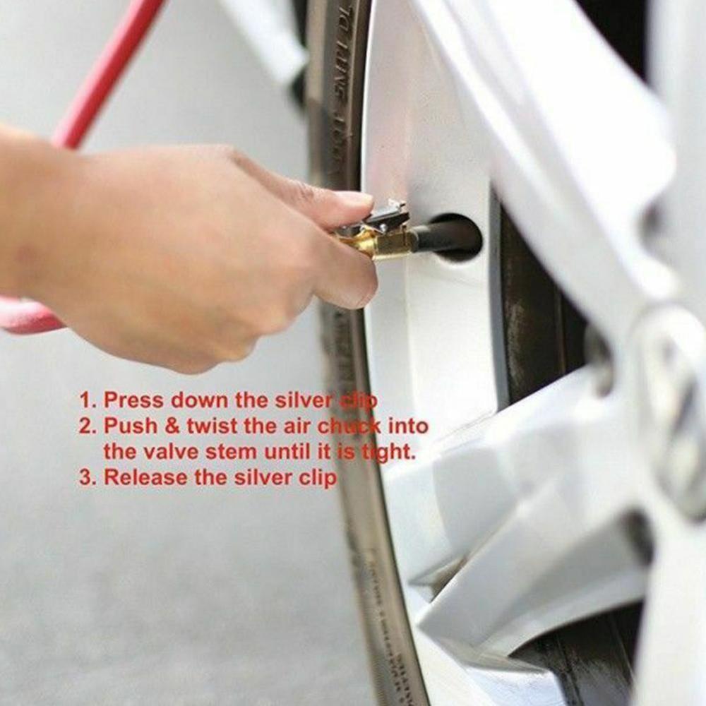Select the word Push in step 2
[x=130, y=426]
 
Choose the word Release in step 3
[x=146, y=478]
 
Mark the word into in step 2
[x=409, y=426]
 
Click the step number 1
[x=85, y=400]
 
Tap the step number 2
[x=85, y=426]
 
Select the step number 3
[x=85, y=478]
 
